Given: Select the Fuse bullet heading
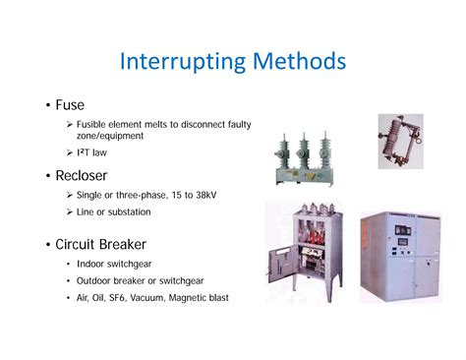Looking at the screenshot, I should [70, 103].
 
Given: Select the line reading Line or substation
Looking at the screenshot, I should [121, 214].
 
